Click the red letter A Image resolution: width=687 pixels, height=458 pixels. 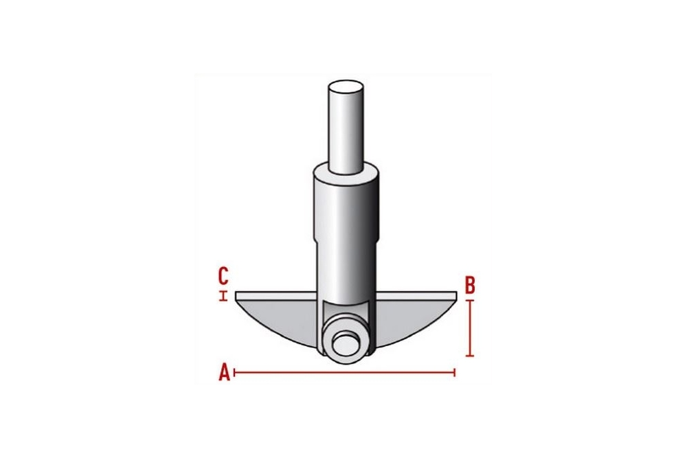pos(225,373)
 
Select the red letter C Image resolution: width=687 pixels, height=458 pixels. pos(223,276)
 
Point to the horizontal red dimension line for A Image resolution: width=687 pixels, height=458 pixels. pos(345,373)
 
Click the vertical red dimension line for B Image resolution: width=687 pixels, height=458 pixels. pos(470,328)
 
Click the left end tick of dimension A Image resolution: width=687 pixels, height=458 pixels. pos(235,373)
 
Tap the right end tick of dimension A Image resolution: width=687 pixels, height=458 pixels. pos(455,373)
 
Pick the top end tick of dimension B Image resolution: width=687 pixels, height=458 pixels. pos(470,300)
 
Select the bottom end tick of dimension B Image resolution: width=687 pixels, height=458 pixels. pos(470,355)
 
